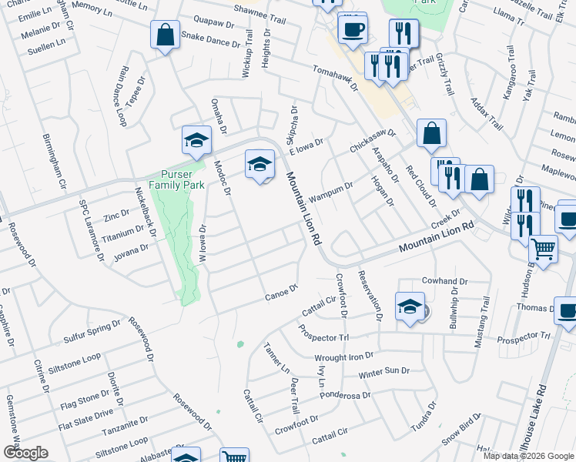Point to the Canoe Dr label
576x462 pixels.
(280, 293)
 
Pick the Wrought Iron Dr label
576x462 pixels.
(343, 357)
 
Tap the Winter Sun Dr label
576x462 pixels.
(383, 372)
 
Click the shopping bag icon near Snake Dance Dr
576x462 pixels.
(165, 35)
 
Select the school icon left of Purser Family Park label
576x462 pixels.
(196, 141)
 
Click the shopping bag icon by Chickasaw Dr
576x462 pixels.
(432, 133)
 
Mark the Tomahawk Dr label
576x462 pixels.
(336, 79)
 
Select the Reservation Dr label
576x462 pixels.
(369, 294)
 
